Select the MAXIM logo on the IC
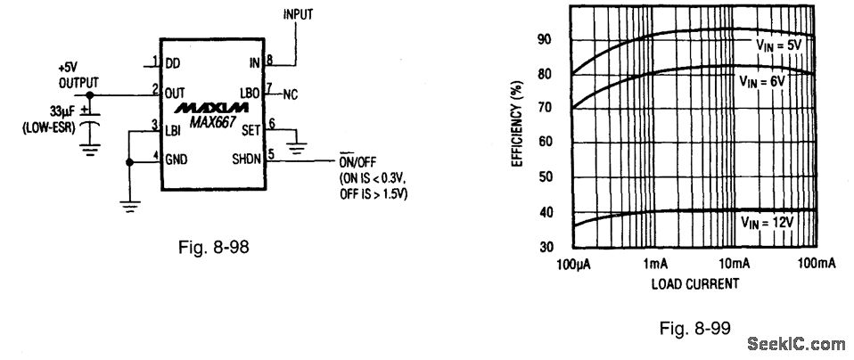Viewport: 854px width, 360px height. tap(207, 108)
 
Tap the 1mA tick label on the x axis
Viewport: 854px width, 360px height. tap(654, 264)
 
